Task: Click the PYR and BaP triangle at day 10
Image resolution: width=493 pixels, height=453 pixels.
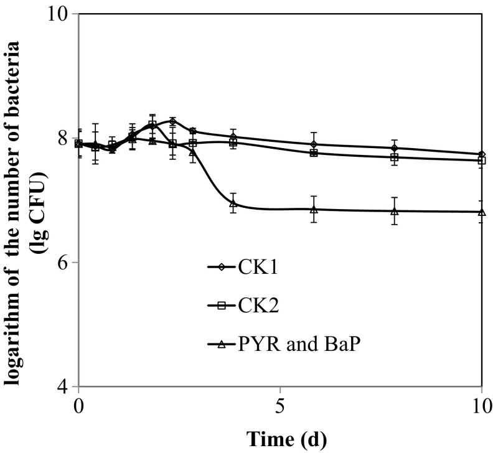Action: pyautogui.click(x=481, y=212)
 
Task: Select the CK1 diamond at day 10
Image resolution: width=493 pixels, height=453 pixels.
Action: pyautogui.click(x=481, y=154)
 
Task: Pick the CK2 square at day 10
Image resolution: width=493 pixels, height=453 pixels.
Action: pyautogui.click(x=481, y=161)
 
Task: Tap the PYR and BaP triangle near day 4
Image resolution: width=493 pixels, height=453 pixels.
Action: pyautogui.click(x=233, y=203)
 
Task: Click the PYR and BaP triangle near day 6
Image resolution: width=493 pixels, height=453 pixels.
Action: pyautogui.click(x=314, y=209)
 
